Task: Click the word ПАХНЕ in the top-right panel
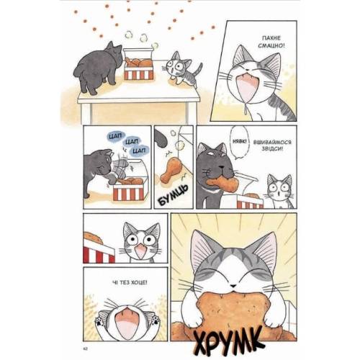click(271, 38)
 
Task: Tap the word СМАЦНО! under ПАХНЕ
click(271, 45)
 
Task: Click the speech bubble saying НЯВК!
click(240, 142)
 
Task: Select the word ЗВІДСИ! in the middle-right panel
click(272, 149)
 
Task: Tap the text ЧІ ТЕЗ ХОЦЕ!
click(130, 282)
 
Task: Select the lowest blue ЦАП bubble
click(139, 150)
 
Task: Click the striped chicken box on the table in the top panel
click(138, 64)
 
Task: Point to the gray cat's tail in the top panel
click(77, 70)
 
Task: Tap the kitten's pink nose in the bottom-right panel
click(233, 286)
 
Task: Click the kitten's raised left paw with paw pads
click(99, 321)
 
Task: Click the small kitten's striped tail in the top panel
click(199, 69)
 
